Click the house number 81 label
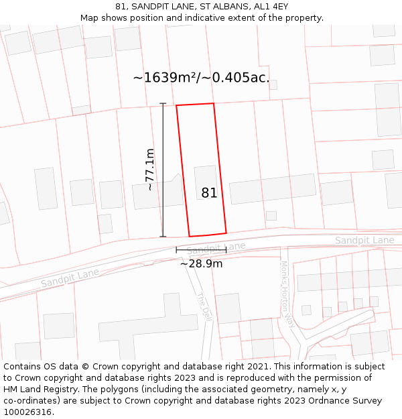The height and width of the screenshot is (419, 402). pyautogui.click(x=209, y=193)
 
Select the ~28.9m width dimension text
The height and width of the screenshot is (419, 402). pyautogui.click(x=201, y=264)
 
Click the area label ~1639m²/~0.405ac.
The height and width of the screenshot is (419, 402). pyautogui.click(x=201, y=78)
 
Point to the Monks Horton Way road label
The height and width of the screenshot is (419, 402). pyautogui.click(x=288, y=294)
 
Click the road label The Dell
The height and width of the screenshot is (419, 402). pyautogui.click(x=204, y=306)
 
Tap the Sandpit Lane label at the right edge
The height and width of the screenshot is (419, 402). pyautogui.click(x=364, y=241)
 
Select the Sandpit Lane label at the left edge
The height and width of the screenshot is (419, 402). pyautogui.click(x=70, y=278)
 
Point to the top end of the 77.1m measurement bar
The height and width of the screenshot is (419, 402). pyautogui.click(x=163, y=103)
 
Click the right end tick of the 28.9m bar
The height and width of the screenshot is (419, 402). pyautogui.click(x=226, y=250)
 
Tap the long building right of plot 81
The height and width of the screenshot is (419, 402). pyautogui.click(x=272, y=188)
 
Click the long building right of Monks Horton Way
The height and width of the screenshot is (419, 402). pyautogui.click(x=348, y=278)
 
